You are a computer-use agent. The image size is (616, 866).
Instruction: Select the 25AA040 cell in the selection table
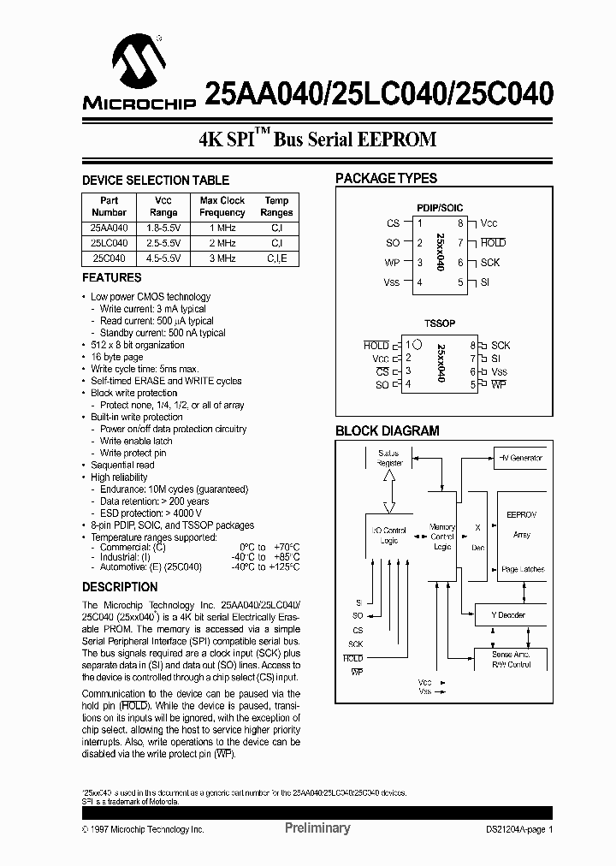(x=109, y=228)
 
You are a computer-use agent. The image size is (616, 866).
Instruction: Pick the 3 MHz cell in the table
(x=222, y=258)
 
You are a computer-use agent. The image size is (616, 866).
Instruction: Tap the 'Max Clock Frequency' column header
(x=222, y=206)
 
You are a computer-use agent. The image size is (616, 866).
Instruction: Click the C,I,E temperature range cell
(x=276, y=258)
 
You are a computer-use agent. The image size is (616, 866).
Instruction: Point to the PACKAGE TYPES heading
(x=386, y=179)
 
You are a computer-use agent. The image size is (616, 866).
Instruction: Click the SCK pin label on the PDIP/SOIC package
(x=489, y=263)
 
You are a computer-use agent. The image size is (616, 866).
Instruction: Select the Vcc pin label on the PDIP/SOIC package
(x=489, y=223)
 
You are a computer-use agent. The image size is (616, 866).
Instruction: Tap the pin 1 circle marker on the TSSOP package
(x=417, y=343)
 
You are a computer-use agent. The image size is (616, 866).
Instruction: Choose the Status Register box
(x=389, y=457)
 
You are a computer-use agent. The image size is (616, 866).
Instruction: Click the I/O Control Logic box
(x=389, y=535)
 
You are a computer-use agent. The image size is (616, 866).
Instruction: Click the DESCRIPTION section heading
(x=120, y=587)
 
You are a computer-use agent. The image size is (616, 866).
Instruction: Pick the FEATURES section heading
(x=112, y=277)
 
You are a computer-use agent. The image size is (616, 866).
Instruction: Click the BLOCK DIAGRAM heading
(x=387, y=431)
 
